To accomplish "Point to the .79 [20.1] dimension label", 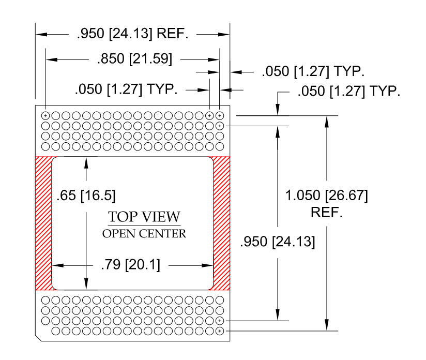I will pos(130,266).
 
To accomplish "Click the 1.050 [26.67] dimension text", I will pos(327,197).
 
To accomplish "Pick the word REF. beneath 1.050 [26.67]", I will pos(327,213).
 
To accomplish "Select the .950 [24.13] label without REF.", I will pos(278,242).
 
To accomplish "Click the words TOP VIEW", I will pos(144,217).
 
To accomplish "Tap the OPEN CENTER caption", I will pos(144,234).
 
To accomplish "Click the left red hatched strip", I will pos(43,223).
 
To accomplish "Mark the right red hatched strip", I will pos(221,223).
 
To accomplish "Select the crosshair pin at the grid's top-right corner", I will pos(220,115).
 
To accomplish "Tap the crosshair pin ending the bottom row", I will pos(220,330).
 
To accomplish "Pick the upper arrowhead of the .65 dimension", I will pos(86,161).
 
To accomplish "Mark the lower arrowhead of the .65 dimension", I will pos(86,285).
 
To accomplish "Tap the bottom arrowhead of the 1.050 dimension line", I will pos(327,325).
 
